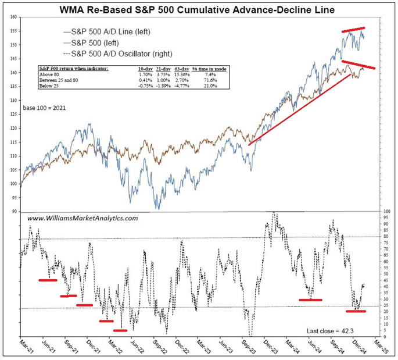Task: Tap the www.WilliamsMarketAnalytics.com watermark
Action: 83,218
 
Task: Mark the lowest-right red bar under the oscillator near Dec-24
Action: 356,311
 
